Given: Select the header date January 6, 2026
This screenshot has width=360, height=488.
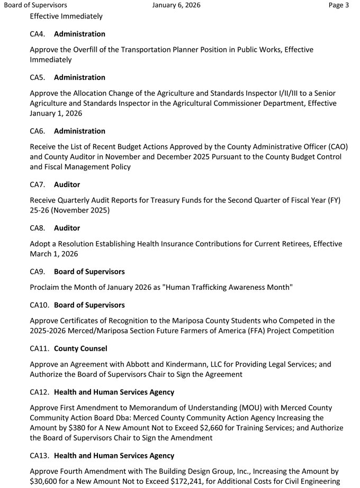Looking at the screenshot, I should [x=176, y=5].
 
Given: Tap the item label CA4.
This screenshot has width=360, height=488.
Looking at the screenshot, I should [x=38, y=34].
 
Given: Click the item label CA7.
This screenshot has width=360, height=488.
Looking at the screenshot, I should [x=38, y=185].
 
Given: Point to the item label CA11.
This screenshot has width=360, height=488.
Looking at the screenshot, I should [x=40, y=349].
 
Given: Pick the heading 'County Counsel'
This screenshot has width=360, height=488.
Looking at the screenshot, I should [x=80, y=349].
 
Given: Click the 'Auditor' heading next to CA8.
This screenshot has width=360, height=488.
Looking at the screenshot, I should [x=67, y=228].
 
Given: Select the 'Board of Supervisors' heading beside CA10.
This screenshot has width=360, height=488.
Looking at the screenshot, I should [x=89, y=305].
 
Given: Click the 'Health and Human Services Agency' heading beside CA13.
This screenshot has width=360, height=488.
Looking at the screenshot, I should [x=114, y=456].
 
